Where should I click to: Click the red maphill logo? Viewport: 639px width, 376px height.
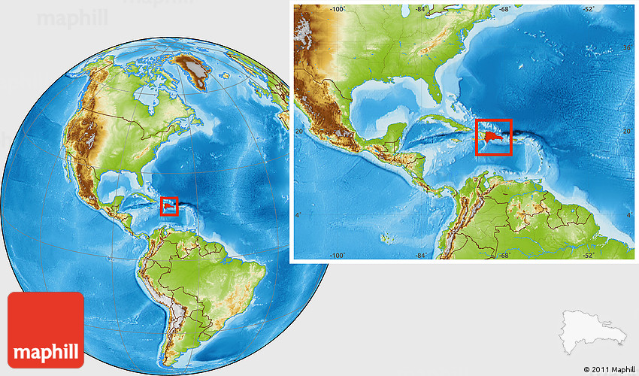46,329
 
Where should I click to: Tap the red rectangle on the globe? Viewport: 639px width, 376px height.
169,206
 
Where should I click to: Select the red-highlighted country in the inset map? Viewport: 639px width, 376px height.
492,137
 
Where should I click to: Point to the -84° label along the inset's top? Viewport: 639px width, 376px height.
416,9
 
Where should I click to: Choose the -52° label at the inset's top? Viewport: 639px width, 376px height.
586,9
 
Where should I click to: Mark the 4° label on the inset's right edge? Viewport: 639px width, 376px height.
630,217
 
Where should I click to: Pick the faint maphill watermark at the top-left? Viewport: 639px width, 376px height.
73,17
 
